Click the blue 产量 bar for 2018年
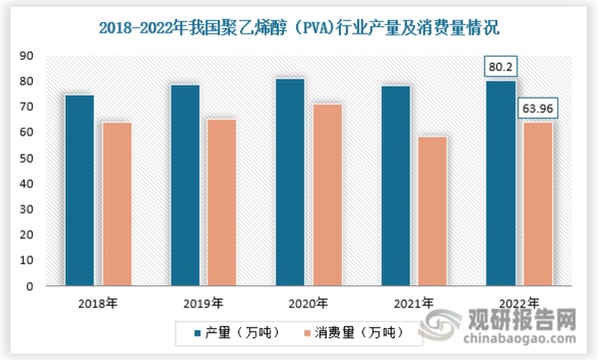(79, 189)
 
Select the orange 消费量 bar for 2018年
(116, 203)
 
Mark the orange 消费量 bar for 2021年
(433, 210)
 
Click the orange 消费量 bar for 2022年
(538, 203)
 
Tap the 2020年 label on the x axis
(308, 302)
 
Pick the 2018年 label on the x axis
(97, 302)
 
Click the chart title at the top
(299, 22)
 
